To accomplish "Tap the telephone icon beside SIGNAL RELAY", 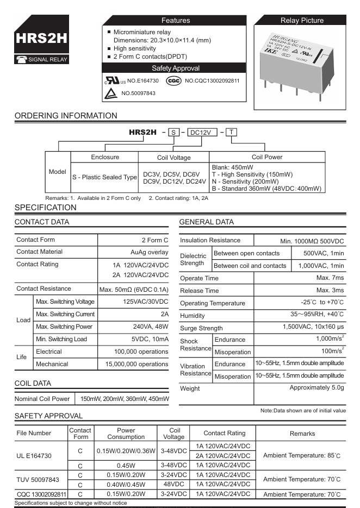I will tap(21, 59).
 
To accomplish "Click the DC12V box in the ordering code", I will tap(202, 132).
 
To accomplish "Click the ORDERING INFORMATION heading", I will tap(66, 116).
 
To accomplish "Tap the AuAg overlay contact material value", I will tap(150, 252).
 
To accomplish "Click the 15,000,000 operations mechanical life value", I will tap(136, 364).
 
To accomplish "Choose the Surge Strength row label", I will tap(201, 328).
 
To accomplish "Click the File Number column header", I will tap(34, 433).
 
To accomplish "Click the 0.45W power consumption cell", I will tap(126, 466).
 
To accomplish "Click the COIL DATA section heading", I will tap(33, 383).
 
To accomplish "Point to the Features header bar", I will tap(176, 21).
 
